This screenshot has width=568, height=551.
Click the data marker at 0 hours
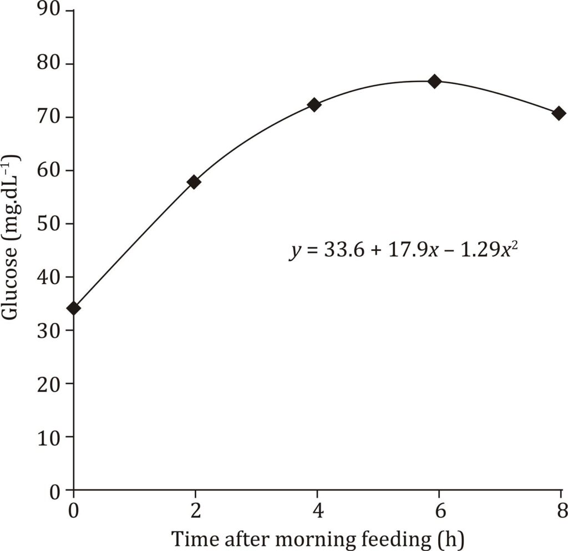74,308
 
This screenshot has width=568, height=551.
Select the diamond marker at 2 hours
194,182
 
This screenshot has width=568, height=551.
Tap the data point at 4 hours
315,105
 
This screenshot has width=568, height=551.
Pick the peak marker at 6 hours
435,82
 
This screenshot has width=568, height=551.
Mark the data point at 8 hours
559,113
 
